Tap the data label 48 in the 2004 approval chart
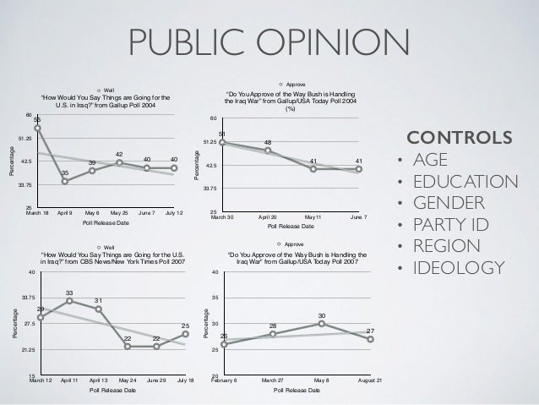pyautogui.click(x=268, y=141)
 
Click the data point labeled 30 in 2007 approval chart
pyautogui.click(x=322, y=323)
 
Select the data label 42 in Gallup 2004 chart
pyautogui.click(x=120, y=153)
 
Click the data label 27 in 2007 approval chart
pyautogui.click(x=370, y=331)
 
